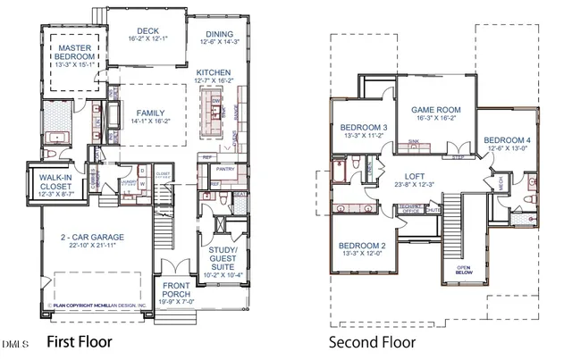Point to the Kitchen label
pyautogui.click(x=214, y=72)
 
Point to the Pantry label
pyautogui.click(x=225, y=168)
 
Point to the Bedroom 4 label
pyautogui.click(x=508, y=140)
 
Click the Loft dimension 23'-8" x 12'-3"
pyautogui.click(x=413, y=185)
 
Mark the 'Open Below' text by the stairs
pyautogui.click(x=464, y=269)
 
